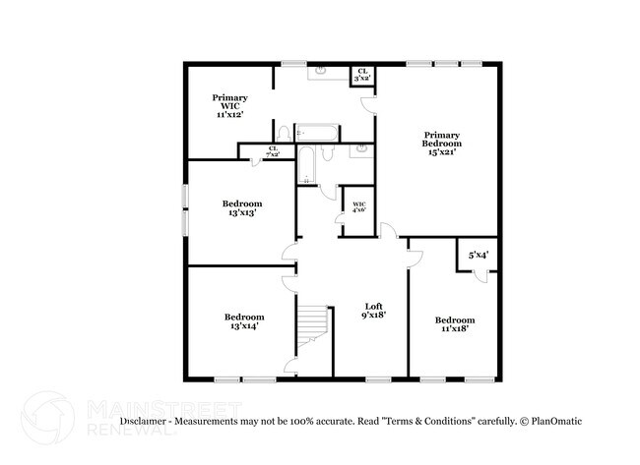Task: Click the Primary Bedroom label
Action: tap(443, 144)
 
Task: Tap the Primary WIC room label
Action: tap(229, 106)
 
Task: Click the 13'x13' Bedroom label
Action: tap(241, 208)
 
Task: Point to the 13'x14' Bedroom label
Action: tap(243, 322)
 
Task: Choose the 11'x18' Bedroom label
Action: tap(455, 325)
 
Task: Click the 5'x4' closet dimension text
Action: tap(479, 255)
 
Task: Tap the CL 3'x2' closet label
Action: tap(362, 75)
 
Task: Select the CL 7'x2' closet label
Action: tap(272, 151)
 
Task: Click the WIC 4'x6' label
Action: tap(358, 207)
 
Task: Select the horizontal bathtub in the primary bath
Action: tap(316, 132)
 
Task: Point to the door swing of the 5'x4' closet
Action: tap(480, 275)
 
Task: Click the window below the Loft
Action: tap(378, 378)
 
